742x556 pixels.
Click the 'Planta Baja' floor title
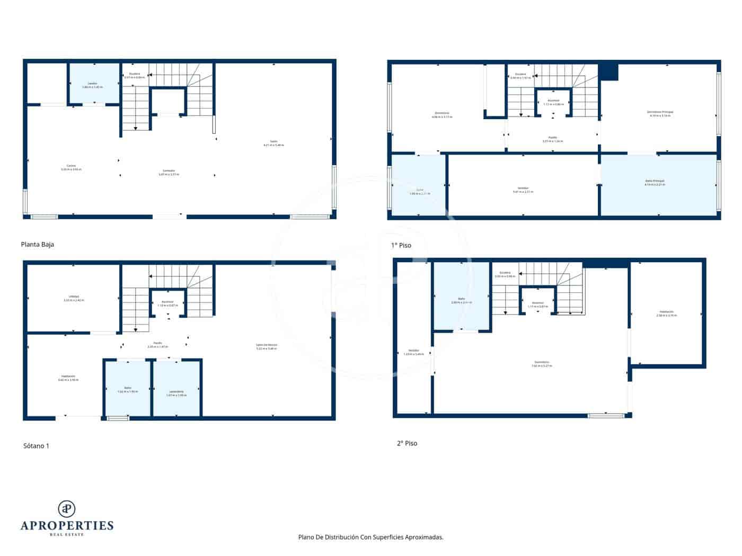click(x=37, y=245)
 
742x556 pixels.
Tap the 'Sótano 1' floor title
click(x=36, y=446)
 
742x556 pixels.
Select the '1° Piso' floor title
click(x=401, y=245)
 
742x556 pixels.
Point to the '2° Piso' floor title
click(x=407, y=443)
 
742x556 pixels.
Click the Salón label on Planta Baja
click(x=273, y=143)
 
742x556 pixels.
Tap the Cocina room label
click(x=71, y=167)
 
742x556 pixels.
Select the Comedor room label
click(x=169, y=172)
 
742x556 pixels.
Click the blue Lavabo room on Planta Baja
click(x=94, y=84)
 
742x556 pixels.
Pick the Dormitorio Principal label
click(x=660, y=113)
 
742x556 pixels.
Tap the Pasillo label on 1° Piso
click(x=553, y=139)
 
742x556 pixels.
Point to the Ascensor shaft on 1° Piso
click(x=553, y=102)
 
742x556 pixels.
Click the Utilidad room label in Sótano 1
click(x=74, y=298)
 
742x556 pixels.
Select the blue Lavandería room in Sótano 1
click(x=176, y=389)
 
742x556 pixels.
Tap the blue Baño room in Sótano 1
click(x=127, y=389)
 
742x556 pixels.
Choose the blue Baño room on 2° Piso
click(x=461, y=299)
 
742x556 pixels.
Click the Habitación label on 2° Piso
click(x=667, y=313)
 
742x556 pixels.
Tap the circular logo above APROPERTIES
click(x=66, y=509)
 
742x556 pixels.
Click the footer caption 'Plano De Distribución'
click(x=370, y=537)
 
